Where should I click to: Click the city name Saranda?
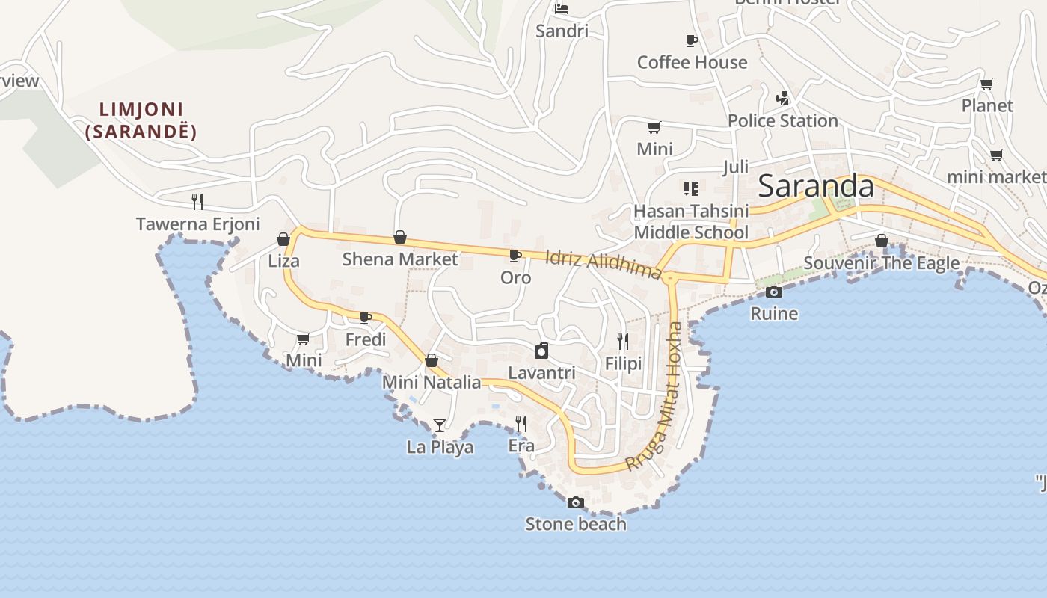point(816,186)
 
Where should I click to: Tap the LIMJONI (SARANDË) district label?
point(141,121)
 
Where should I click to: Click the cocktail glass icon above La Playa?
point(440,425)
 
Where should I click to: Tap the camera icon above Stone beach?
point(575,502)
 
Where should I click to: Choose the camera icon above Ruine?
point(774,292)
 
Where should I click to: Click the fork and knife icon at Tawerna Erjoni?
point(197,201)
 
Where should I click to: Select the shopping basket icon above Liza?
point(283,239)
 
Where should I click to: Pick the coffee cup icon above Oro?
point(515,256)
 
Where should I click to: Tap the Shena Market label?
point(399,259)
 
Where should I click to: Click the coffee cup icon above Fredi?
point(366,318)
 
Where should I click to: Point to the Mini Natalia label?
point(432,383)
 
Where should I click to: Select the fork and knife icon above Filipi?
point(623,342)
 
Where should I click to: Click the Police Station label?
point(782,121)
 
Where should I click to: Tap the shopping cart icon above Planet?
point(987,84)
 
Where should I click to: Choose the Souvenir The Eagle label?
point(881,263)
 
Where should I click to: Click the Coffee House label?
point(692,62)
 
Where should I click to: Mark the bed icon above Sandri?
point(562,9)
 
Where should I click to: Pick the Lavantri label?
point(541,373)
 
